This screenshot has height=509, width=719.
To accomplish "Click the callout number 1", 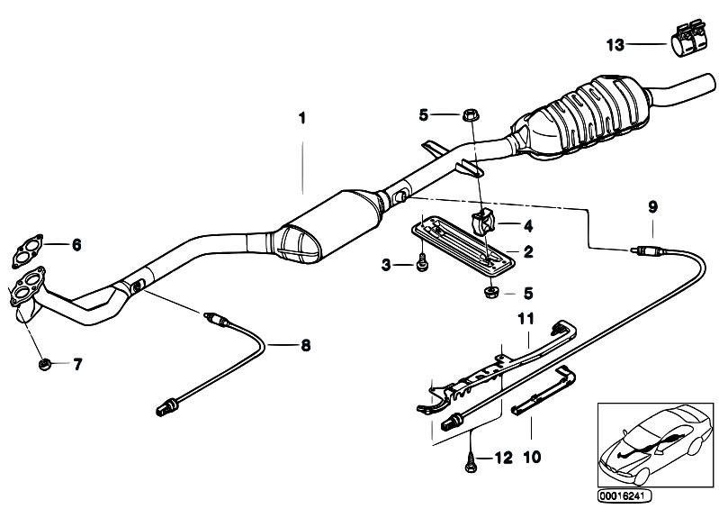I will [x=302, y=118].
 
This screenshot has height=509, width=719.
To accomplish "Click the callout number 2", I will [x=528, y=252].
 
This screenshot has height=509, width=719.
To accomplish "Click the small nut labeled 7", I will [x=43, y=364].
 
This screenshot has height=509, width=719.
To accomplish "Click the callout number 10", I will [x=531, y=458].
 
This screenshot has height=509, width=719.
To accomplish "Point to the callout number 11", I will [x=526, y=317].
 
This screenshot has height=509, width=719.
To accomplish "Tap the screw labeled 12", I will [x=471, y=459].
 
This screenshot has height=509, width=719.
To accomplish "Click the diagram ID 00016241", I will [x=620, y=495].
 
